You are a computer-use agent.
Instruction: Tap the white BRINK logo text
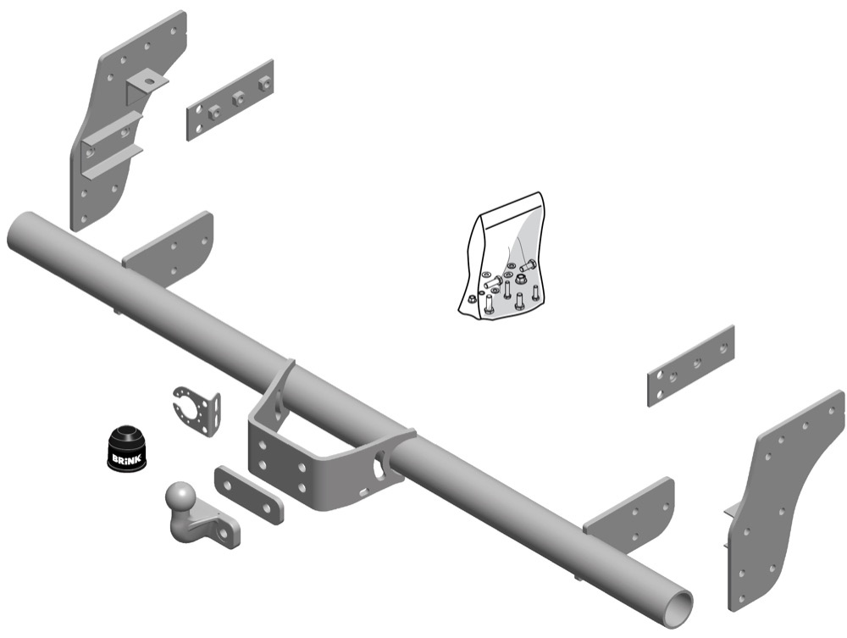click(x=125, y=458)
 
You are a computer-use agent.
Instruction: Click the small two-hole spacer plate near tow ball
click(x=248, y=494)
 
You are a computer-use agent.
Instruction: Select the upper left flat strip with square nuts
click(x=230, y=99)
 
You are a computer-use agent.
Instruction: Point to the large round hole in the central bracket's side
click(x=379, y=464)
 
